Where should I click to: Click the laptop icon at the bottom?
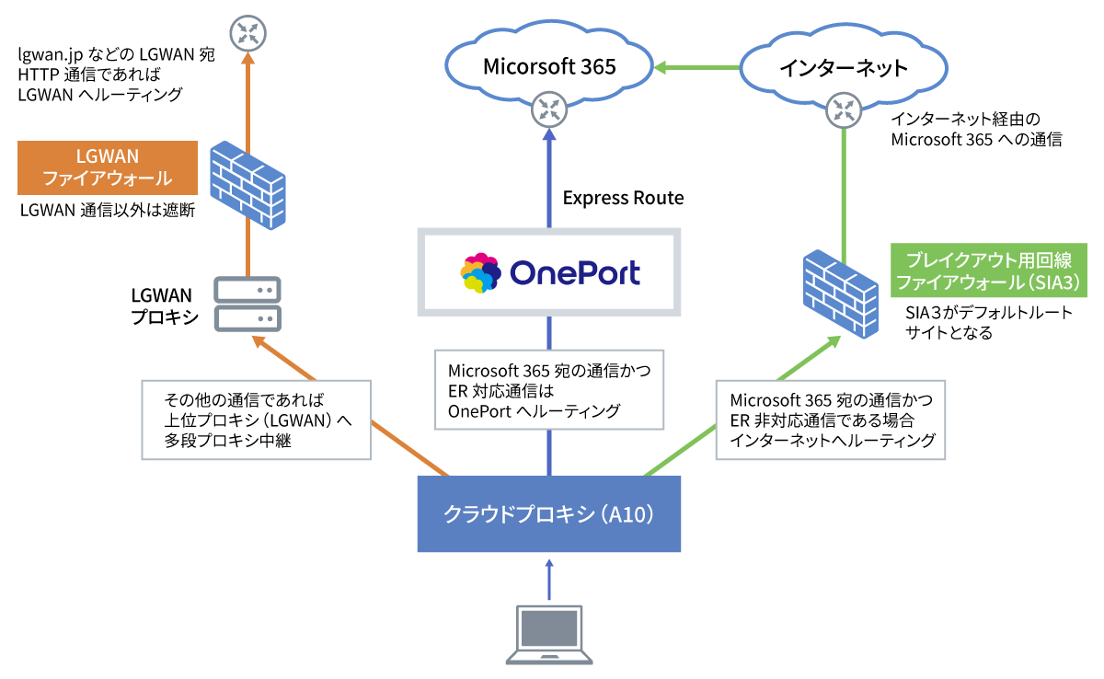549,634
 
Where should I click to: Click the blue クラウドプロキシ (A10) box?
549,513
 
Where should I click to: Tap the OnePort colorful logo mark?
480,273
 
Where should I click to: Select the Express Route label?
623,198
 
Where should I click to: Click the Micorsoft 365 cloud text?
549,66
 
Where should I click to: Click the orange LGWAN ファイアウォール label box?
108,167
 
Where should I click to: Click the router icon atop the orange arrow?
247,34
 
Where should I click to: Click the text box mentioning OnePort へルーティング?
549,391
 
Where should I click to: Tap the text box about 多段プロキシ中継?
256,419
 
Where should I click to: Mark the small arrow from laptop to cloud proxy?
549,580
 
